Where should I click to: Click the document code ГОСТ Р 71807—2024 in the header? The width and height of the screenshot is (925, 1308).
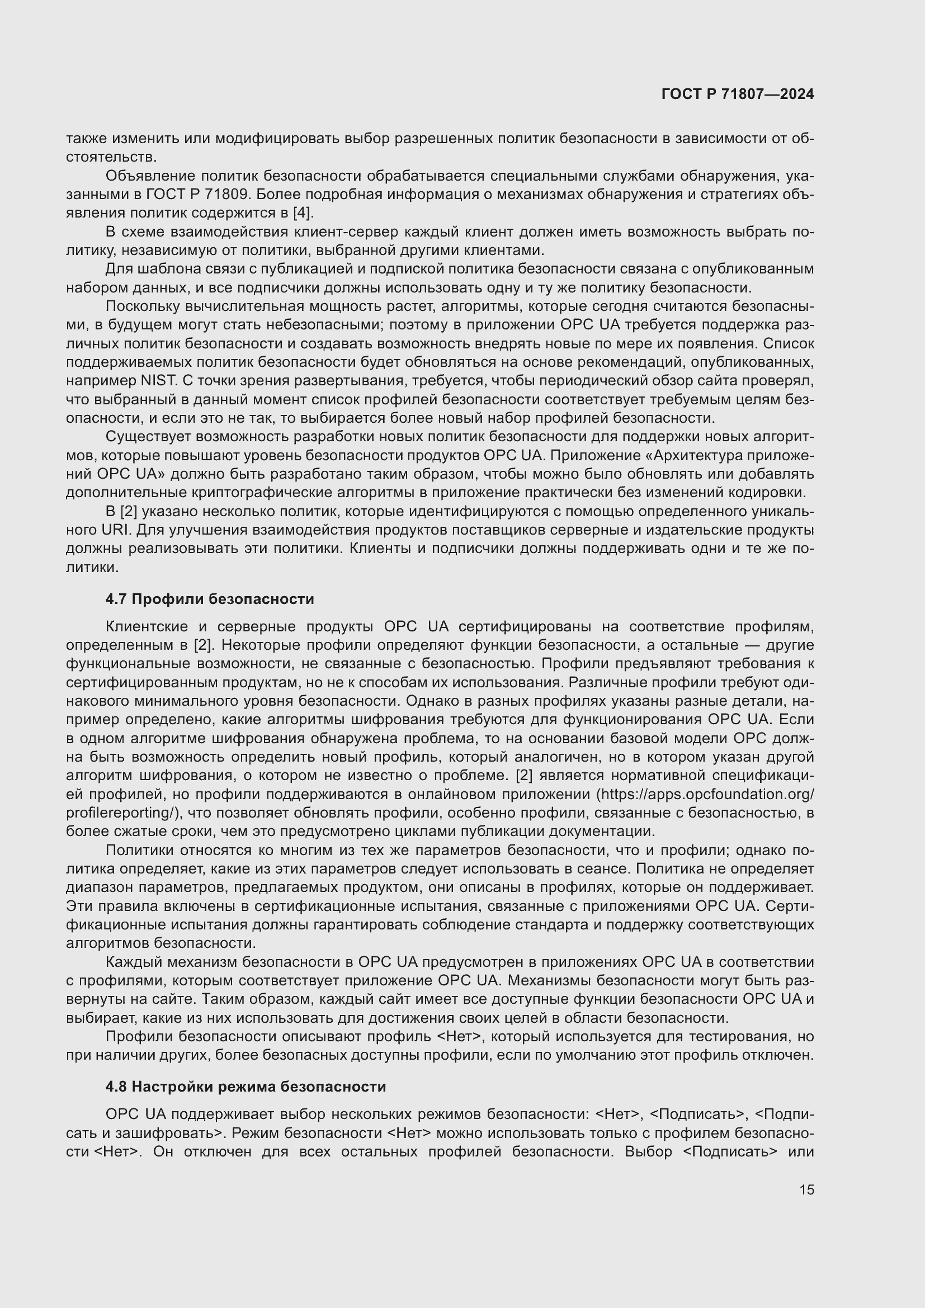(738, 95)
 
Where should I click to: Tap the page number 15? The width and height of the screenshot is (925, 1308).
(806, 1189)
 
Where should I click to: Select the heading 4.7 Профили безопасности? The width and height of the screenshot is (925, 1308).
(210, 599)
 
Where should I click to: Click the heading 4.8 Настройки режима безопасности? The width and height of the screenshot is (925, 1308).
(246, 1087)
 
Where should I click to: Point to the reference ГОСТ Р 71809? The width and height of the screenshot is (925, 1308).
(198, 194)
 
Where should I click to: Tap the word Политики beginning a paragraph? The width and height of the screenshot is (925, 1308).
(140, 850)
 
